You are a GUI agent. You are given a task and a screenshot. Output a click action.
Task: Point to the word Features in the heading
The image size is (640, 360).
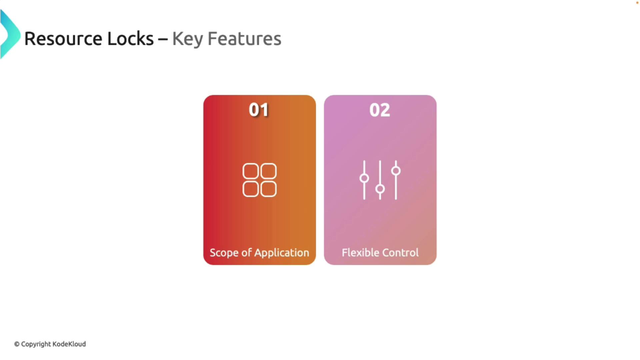[244, 39]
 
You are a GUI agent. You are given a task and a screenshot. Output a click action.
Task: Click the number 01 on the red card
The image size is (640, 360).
[259, 110]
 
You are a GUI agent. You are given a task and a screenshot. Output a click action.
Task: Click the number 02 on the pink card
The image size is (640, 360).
[380, 110]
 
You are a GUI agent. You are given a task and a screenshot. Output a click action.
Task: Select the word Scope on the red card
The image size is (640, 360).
[224, 253]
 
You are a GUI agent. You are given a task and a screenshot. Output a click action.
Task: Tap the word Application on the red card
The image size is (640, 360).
[282, 253]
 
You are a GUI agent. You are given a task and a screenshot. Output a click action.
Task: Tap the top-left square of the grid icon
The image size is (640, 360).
[251, 171]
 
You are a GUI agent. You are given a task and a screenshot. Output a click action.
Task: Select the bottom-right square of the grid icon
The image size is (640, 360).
[268, 189]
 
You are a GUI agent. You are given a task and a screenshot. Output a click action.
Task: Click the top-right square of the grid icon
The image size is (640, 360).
[268, 171]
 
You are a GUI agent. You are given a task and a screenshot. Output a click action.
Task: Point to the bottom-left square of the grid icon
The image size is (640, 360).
[251, 189]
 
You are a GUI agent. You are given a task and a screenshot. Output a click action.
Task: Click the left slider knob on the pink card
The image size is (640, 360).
[364, 178]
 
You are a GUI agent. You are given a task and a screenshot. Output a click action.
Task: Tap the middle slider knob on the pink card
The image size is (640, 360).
[380, 189]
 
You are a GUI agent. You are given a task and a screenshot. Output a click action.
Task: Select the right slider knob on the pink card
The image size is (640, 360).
[396, 171]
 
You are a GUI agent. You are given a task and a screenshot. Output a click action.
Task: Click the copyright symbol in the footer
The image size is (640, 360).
[17, 344]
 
